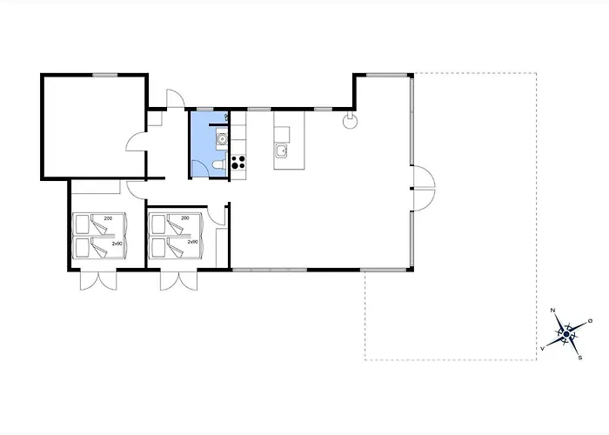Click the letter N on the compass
pos(552,310)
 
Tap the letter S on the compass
pos(580,358)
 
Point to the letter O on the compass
pos(591,321)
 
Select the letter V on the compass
pos(542,349)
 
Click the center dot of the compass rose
pos(566,334)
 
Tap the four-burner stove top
pos(238,162)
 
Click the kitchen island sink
pos(281,151)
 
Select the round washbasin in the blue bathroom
pos(222,138)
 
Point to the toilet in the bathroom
pos(219,164)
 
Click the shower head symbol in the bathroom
pos(226,116)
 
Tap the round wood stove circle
pos(350,122)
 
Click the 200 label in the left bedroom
pos(109,218)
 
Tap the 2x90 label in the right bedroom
pos(192,242)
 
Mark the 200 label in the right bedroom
pos(185,217)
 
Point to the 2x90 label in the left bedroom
pos(117,244)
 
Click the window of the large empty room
pos(105,75)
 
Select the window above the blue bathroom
pos(205,109)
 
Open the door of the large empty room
pos(135,142)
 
